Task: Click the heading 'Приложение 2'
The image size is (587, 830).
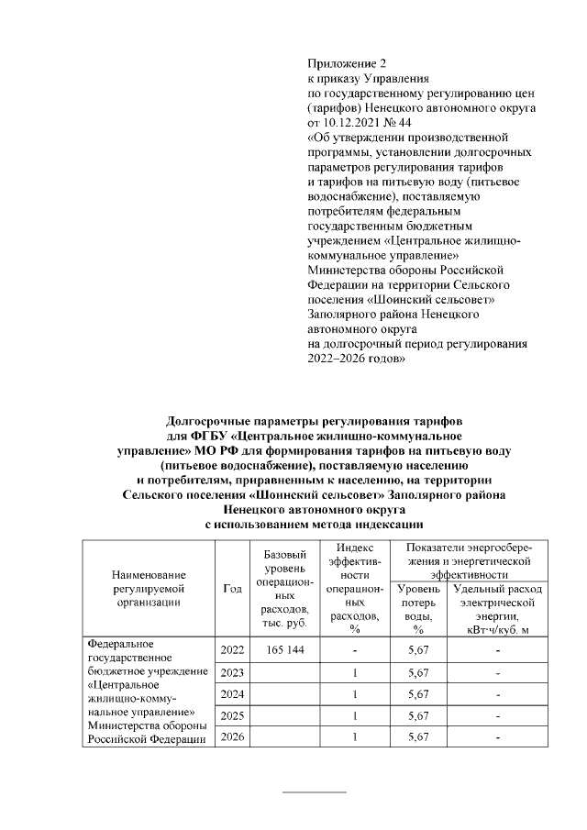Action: click(347, 63)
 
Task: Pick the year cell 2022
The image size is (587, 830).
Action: click(232, 649)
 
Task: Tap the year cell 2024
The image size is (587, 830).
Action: click(232, 693)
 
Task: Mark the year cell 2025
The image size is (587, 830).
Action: click(232, 715)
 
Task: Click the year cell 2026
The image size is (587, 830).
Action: click(232, 737)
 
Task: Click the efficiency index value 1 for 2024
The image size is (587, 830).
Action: click(354, 693)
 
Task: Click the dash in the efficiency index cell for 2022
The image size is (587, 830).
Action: click(354, 649)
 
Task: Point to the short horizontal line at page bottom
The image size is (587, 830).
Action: click(314, 791)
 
